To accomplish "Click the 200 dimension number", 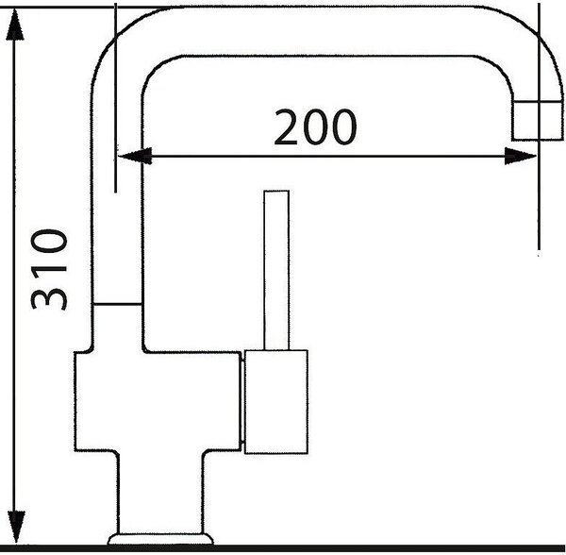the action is [315, 127].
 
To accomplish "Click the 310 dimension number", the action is [49, 269].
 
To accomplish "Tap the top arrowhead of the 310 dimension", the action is [15, 25].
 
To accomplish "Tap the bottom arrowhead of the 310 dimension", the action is [15, 527].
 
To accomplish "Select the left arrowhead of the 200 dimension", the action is [135, 156].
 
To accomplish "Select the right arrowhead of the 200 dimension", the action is [520, 156].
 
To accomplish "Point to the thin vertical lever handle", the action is [276, 270].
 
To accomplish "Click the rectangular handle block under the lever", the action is [276, 401].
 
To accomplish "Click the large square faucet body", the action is [157, 401].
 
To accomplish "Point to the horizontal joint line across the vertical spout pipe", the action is [117, 305].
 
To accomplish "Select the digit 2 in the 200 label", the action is [286, 127].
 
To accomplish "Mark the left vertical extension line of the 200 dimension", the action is [115, 97].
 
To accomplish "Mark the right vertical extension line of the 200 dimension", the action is [539, 126].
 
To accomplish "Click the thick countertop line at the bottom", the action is [283, 548].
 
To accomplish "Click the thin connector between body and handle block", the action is [242, 401].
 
